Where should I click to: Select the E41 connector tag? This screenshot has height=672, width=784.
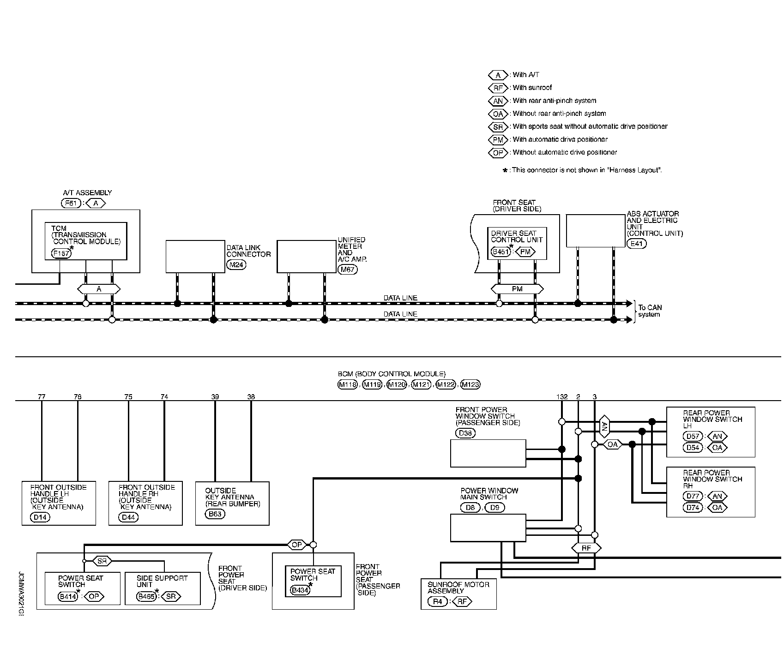[637, 243]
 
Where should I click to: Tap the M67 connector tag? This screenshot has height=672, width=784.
[347, 270]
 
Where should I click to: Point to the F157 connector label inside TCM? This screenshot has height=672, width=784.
[61, 253]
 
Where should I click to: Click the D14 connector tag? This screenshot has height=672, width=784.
[40, 517]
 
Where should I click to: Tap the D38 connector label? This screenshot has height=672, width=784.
[465, 433]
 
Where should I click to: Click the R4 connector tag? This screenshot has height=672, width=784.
[437, 601]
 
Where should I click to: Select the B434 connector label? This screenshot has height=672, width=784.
[300, 589]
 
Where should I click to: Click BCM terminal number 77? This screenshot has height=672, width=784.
[42, 396]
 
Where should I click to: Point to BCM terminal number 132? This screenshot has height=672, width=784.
[561, 396]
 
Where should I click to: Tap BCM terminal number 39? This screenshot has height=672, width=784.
[215, 396]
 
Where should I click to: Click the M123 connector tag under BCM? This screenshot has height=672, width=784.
[470, 384]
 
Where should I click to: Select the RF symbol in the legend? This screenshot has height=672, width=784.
[498, 88]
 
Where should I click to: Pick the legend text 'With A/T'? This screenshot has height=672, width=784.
[525, 75]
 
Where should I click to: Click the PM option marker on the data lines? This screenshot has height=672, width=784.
[517, 289]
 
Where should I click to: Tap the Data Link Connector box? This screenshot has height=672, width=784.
[195, 256]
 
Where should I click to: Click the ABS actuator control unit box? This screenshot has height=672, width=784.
[596, 230]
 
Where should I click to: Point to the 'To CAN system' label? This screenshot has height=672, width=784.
[650, 311]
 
